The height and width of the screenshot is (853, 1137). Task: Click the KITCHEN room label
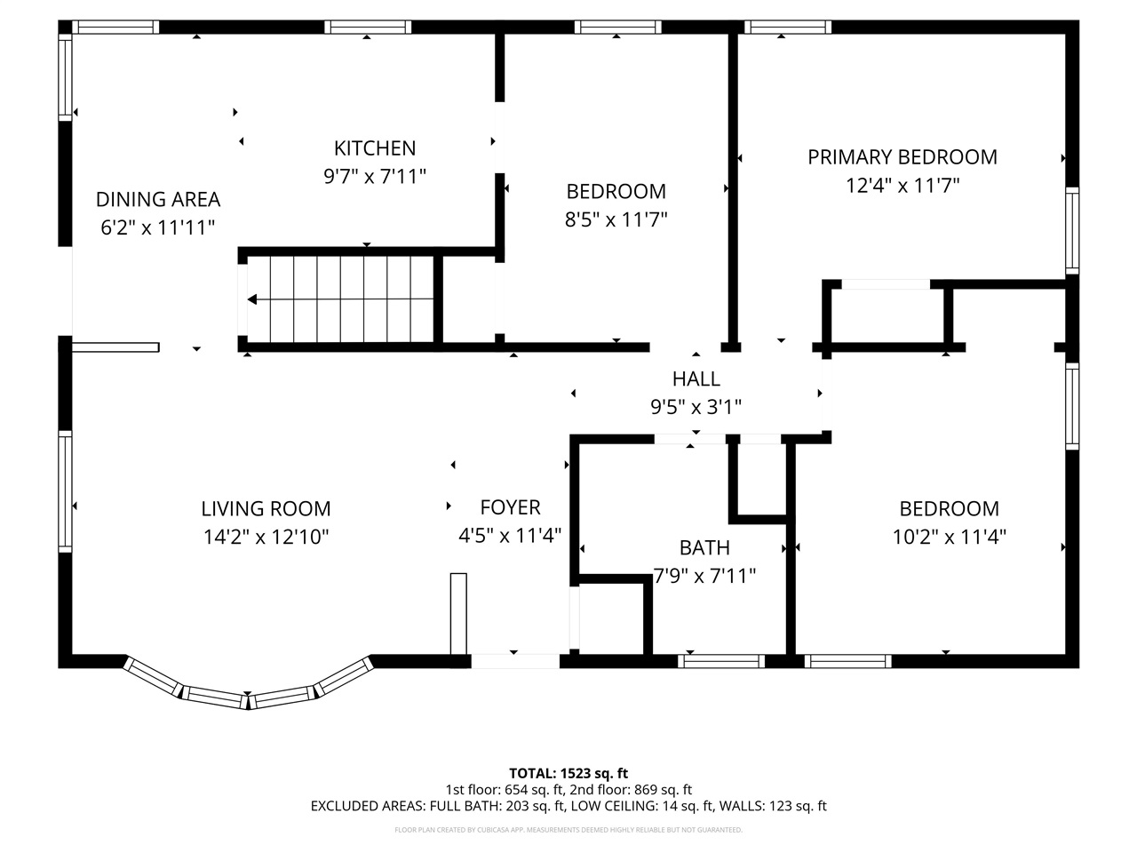tap(374, 147)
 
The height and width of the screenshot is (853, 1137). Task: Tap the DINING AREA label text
tap(157, 199)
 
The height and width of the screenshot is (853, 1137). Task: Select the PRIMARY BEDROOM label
tap(902, 156)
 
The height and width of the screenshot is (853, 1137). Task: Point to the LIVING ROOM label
tap(266, 508)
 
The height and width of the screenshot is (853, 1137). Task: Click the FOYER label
tap(510, 506)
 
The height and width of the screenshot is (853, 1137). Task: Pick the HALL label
tap(696, 379)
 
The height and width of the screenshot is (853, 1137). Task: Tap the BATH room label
tap(704, 547)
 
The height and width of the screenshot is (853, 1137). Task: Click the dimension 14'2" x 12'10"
tap(266, 537)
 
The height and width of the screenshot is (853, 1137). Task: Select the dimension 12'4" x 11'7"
tap(902, 185)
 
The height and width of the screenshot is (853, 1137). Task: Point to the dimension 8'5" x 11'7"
tap(616, 219)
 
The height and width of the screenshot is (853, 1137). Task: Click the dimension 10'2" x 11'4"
tap(949, 537)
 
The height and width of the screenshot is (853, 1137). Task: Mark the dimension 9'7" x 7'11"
tap(374, 176)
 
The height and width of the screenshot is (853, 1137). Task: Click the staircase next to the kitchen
tap(342, 299)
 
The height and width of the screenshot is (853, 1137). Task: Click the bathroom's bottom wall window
tap(721, 661)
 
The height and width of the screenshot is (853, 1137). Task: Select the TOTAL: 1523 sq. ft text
tap(568, 772)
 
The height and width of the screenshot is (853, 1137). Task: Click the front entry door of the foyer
tap(514, 661)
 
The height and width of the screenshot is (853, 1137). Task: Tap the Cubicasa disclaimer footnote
tap(568, 830)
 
